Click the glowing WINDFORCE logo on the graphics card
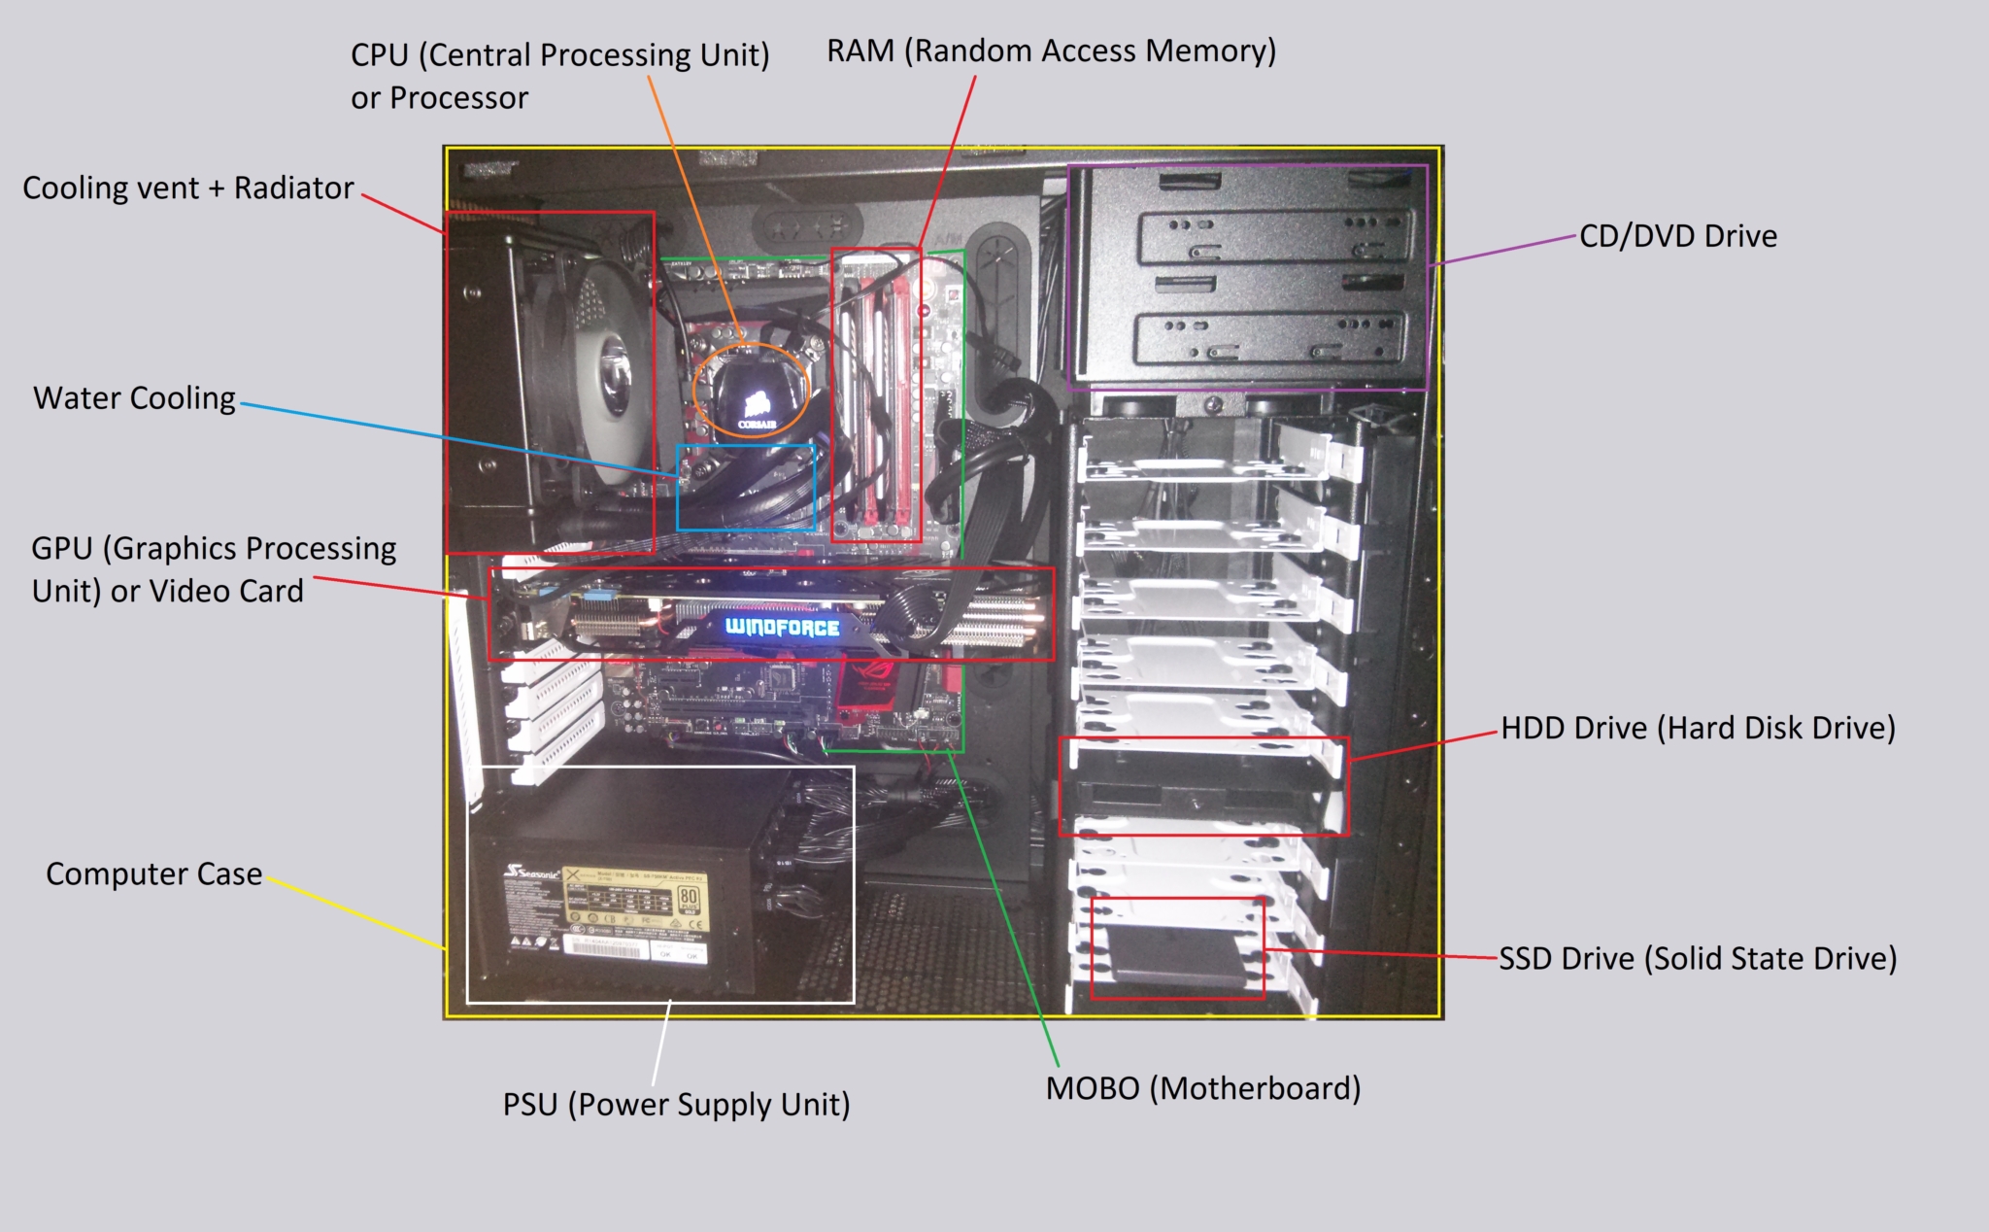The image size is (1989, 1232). (x=783, y=627)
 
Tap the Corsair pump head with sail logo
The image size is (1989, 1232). (x=752, y=397)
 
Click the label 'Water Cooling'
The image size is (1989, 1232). (x=134, y=398)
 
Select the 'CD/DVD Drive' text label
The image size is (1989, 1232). (x=1677, y=236)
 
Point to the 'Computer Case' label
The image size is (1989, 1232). (x=153, y=874)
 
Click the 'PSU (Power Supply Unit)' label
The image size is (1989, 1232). (x=676, y=1105)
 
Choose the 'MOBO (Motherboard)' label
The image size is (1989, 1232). (x=1202, y=1088)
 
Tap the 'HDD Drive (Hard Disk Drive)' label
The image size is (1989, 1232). (x=1698, y=729)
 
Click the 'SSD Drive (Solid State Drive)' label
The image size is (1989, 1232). (x=1697, y=959)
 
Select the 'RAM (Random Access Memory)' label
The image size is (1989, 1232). (x=1051, y=51)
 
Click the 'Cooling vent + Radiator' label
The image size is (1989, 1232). (x=187, y=188)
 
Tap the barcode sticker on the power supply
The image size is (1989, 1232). (x=608, y=947)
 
